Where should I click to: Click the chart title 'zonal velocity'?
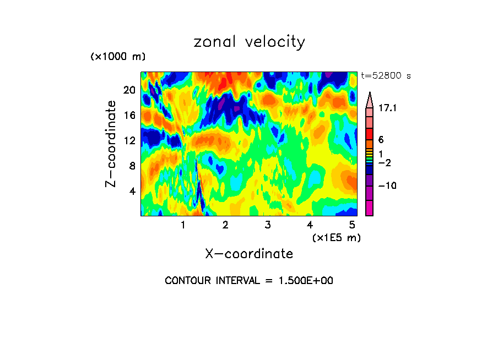tap(249, 42)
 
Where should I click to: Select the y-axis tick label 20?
tap(129, 90)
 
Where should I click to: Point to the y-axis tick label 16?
tap(129, 115)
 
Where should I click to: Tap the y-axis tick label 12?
tap(129, 140)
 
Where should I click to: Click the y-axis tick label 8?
tap(132, 166)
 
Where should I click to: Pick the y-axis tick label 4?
tap(132, 191)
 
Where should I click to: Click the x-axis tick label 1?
tap(183, 225)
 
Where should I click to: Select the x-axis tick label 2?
tap(225, 225)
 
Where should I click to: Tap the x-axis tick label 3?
tap(267, 225)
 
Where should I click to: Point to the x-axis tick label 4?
tap(310, 225)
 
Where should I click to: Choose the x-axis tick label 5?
tap(351, 225)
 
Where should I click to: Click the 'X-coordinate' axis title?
tap(249, 254)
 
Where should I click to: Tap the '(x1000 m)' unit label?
tap(117, 57)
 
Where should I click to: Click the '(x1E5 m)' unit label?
tap(336, 237)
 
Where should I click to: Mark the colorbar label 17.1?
tap(388, 108)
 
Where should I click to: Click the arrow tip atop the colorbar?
tap(370, 94)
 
